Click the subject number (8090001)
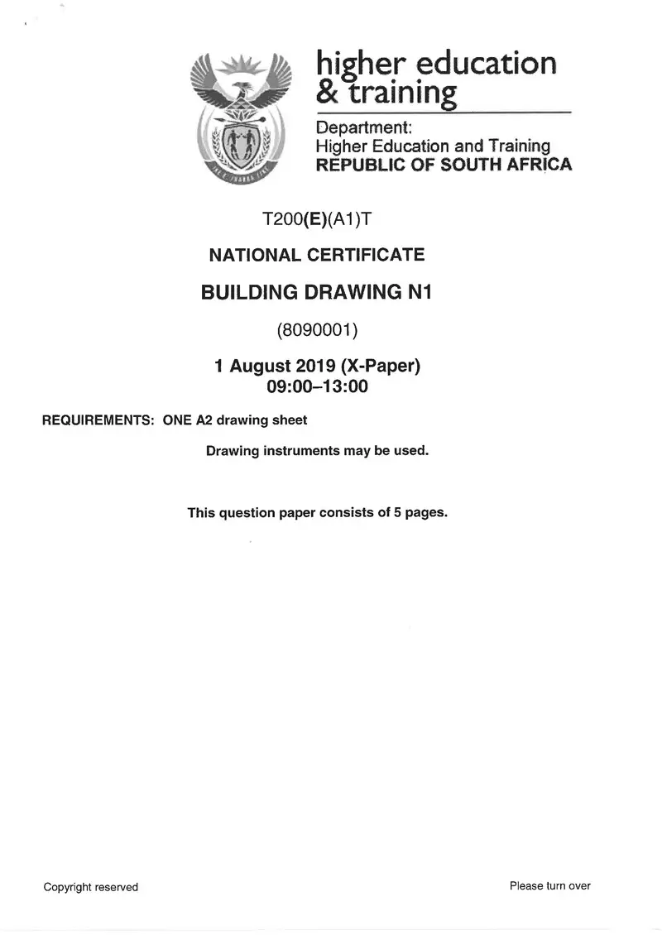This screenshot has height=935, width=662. (x=317, y=331)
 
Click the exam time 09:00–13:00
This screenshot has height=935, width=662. (x=317, y=385)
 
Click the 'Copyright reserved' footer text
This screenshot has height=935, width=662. (x=91, y=887)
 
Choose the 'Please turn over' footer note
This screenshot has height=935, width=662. (x=550, y=886)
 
